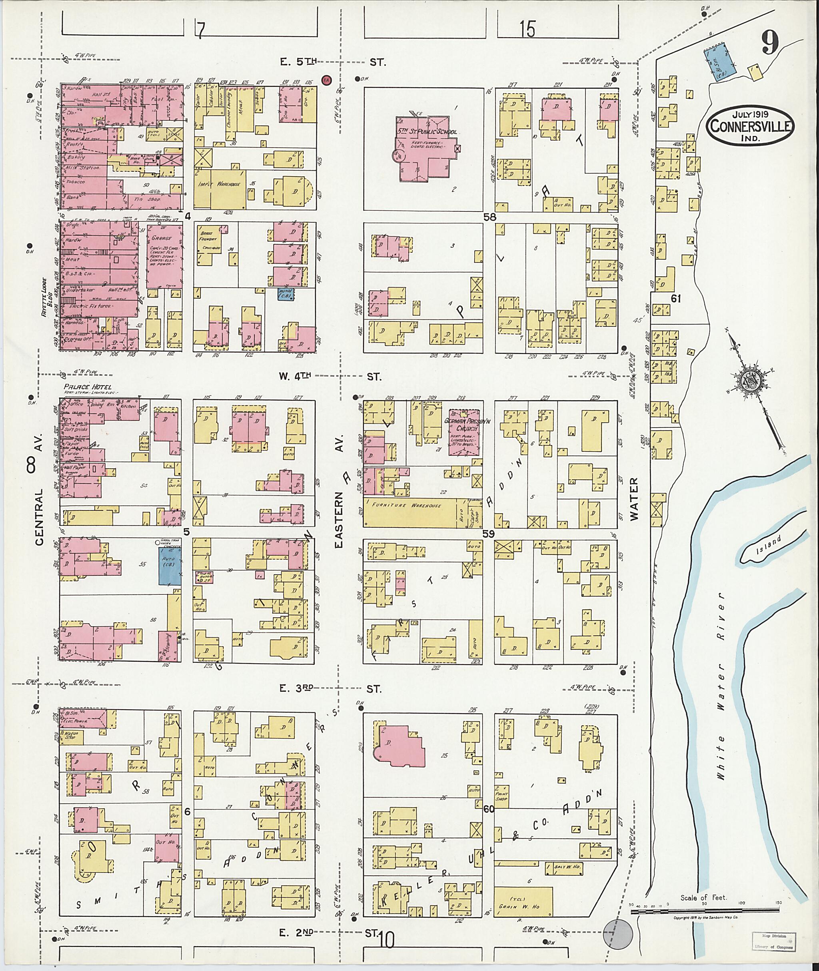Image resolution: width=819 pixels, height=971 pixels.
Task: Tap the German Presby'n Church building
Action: [x=463, y=433]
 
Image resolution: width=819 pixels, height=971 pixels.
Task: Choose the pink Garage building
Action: [x=164, y=256]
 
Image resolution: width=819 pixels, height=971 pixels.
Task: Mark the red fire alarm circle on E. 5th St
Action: [x=326, y=80]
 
